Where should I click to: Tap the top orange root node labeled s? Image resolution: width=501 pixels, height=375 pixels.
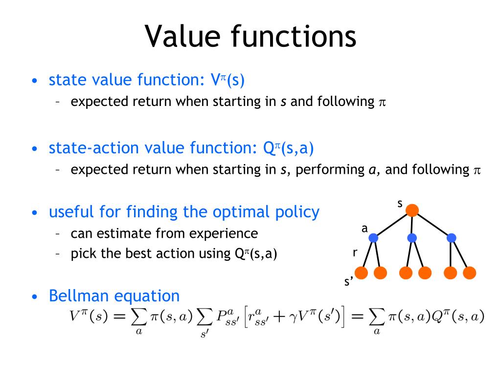click(412, 210)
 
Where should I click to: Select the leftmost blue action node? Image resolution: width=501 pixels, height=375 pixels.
click(374, 238)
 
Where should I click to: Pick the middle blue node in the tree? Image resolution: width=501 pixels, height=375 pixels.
click(412, 238)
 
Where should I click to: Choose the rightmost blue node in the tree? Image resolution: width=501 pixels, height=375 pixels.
click(451, 238)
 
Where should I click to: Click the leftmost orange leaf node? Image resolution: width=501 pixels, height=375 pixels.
click(362, 272)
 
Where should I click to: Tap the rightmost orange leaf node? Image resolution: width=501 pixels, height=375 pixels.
click(469, 272)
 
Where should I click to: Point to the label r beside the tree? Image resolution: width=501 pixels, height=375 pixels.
click(355, 252)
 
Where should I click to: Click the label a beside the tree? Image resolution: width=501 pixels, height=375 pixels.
click(364, 228)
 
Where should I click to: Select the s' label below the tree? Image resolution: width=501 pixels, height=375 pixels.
click(349, 282)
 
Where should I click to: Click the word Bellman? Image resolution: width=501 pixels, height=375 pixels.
click(79, 295)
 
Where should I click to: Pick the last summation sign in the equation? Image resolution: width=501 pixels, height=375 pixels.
click(377, 318)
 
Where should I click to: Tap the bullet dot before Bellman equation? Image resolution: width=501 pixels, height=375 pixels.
click(34, 297)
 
